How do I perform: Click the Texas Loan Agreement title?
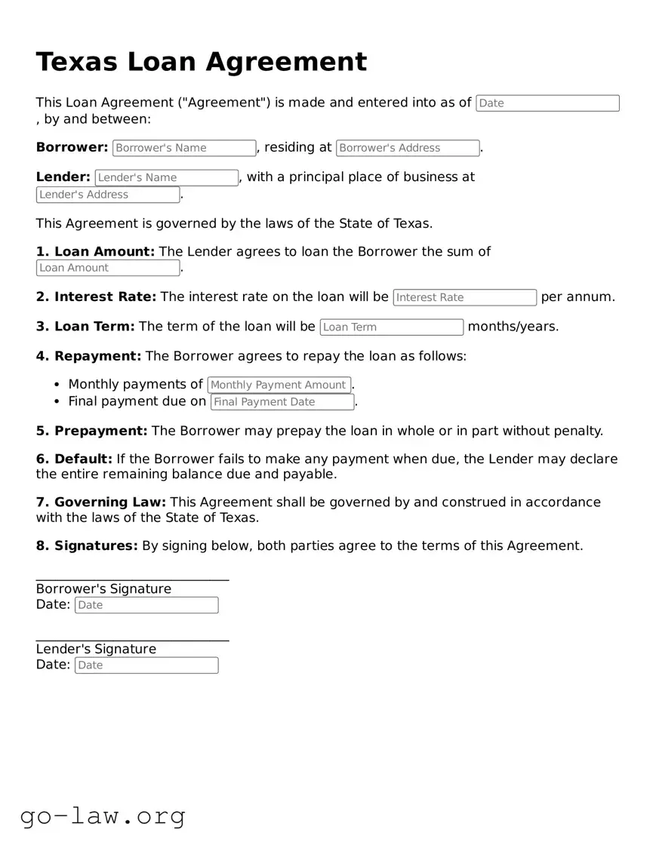pyautogui.click(x=201, y=62)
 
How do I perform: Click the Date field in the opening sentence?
pyautogui.click(x=547, y=103)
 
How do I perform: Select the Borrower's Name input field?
pyautogui.click(x=184, y=148)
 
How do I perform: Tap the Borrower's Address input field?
pyautogui.click(x=408, y=148)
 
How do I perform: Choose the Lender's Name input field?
pyautogui.click(x=166, y=177)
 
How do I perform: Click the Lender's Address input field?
pyautogui.click(x=108, y=195)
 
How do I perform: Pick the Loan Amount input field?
pyautogui.click(x=108, y=268)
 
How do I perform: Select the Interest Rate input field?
pyautogui.click(x=464, y=297)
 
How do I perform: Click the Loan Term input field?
pyautogui.click(x=391, y=327)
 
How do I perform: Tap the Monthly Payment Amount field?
pyautogui.click(x=279, y=385)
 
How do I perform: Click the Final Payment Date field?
pyautogui.click(x=282, y=402)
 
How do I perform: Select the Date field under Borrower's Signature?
pyautogui.click(x=146, y=605)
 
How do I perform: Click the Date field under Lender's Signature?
pyautogui.click(x=146, y=665)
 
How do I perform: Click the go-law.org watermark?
pyautogui.click(x=103, y=816)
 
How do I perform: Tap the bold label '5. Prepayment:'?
pyautogui.click(x=91, y=431)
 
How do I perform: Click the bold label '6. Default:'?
pyautogui.click(x=74, y=459)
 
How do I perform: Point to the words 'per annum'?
pyautogui.click(x=577, y=297)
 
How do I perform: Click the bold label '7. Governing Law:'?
pyautogui.click(x=102, y=502)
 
